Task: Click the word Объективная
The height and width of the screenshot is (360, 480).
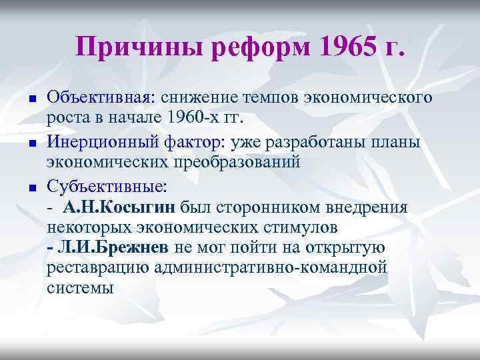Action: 99,97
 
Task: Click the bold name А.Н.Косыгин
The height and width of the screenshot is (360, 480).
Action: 120,207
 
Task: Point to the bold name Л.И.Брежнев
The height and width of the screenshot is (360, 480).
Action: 109,248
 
